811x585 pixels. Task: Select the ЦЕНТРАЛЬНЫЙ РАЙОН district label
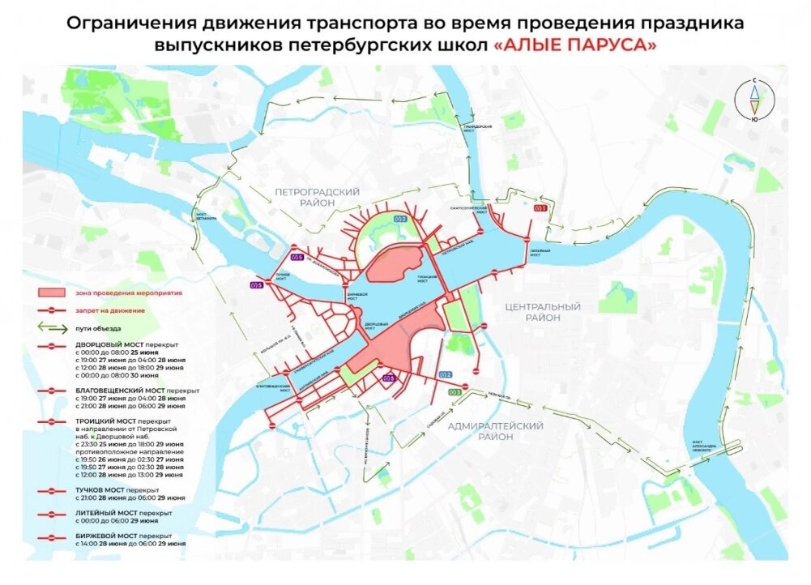pyautogui.click(x=542, y=313)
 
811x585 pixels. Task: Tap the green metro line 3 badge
pyautogui.click(x=455, y=393)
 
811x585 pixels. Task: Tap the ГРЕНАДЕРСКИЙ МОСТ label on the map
pyautogui.click(x=477, y=130)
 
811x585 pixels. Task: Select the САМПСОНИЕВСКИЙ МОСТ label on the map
pyautogui.click(x=469, y=209)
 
